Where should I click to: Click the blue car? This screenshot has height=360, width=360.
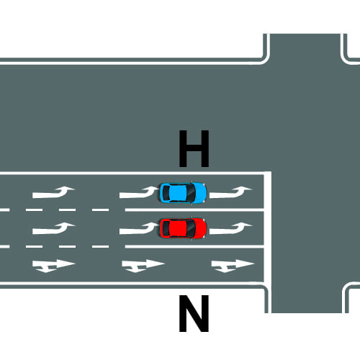[x=183, y=193]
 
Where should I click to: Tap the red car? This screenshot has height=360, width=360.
[x=183, y=228]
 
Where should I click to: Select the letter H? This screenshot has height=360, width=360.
[x=194, y=148]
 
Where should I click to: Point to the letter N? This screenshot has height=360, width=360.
[x=194, y=314]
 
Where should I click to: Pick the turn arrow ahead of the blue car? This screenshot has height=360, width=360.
[x=230, y=193]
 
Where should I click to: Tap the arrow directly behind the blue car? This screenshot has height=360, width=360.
[x=138, y=193]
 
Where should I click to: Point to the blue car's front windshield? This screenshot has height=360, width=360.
[x=192, y=193]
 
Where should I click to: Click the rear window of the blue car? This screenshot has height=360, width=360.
[x=166, y=193]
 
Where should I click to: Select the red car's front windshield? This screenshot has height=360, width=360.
[x=192, y=228]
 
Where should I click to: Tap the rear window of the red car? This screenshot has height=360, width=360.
[x=166, y=228]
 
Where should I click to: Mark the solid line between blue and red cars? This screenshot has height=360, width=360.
[x=194, y=210]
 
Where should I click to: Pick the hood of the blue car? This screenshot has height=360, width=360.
[x=201, y=193]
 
